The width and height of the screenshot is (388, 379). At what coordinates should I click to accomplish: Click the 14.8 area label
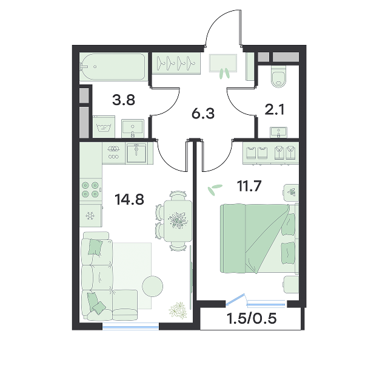pyautogui.click(x=129, y=200)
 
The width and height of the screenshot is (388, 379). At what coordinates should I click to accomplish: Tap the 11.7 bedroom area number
pyautogui.click(x=249, y=186)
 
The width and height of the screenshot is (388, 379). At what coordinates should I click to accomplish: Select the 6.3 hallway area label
pyautogui.click(x=203, y=114)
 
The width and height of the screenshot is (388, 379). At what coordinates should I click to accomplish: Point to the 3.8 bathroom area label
pyautogui.click(x=124, y=100)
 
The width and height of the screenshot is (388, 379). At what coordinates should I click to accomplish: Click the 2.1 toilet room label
pyautogui.click(x=275, y=109)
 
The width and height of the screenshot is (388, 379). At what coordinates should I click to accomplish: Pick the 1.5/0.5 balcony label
pyautogui.click(x=252, y=318)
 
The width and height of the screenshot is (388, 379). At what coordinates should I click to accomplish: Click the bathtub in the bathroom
pyautogui.click(x=113, y=67)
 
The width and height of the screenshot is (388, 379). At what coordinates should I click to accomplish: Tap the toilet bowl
pyautogui.click(x=279, y=76)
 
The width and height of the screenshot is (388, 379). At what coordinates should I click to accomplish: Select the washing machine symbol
pyautogui.click(x=104, y=127)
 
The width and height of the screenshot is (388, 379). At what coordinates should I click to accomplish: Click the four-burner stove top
pyautogui.click(x=90, y=189)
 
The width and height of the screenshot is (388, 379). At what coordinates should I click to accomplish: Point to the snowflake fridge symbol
pyautogui.click(x=90, y=216)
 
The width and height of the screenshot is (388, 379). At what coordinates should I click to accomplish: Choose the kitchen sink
pyautogui.click(x=136, y=153)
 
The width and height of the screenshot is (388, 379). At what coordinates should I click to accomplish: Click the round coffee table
pyautogui.click(x=152, y=286)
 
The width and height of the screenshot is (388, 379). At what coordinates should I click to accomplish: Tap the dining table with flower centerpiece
pyautogui.click(x=178, y=221)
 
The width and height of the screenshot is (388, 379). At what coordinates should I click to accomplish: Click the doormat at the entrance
pyautogui.click(x=223, y=63)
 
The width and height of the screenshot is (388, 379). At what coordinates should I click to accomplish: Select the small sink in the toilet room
pyautogui.click(x=279, y=132)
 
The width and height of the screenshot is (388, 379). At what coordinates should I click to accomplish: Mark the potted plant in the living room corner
pyautogui.click(x=178, y=310)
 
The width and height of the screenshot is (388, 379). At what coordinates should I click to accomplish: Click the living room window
pyautogui.click(x=131, y=327)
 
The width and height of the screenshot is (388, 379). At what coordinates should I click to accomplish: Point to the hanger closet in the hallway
pyautogui.click(x=176, y=63)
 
